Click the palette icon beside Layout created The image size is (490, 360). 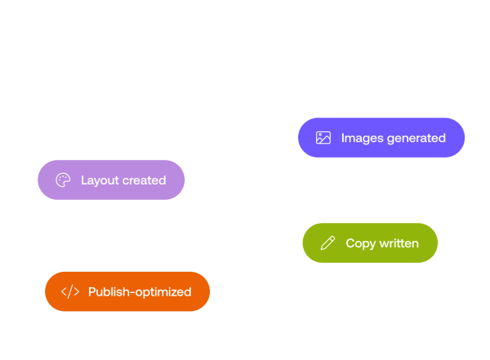tap(63, 180)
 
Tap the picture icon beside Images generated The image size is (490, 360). tap(323, 138)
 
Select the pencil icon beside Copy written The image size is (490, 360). tap(327, 243)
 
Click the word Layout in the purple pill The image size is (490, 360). tap(100, 180)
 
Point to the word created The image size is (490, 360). tap(144, 180)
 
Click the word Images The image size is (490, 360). tap(362, 139)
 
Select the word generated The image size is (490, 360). tap(416, 139)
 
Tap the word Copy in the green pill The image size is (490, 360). tap(361, 244)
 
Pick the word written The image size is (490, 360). tap(399, 243)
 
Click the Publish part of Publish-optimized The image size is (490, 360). tap(109, 292)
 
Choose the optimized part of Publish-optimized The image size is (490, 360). tap(163, 292)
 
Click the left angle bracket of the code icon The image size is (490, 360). tap(64, 292)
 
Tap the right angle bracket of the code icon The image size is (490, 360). tap(77, 292)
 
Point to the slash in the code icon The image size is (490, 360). tap(70, 291)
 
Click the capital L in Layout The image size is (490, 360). tap(84, 180)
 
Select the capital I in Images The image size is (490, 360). tap(343, 138)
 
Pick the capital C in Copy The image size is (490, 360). tap(350, 243)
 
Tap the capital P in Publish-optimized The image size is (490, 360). tap(92, 292)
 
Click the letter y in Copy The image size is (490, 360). tap(372, 246)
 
